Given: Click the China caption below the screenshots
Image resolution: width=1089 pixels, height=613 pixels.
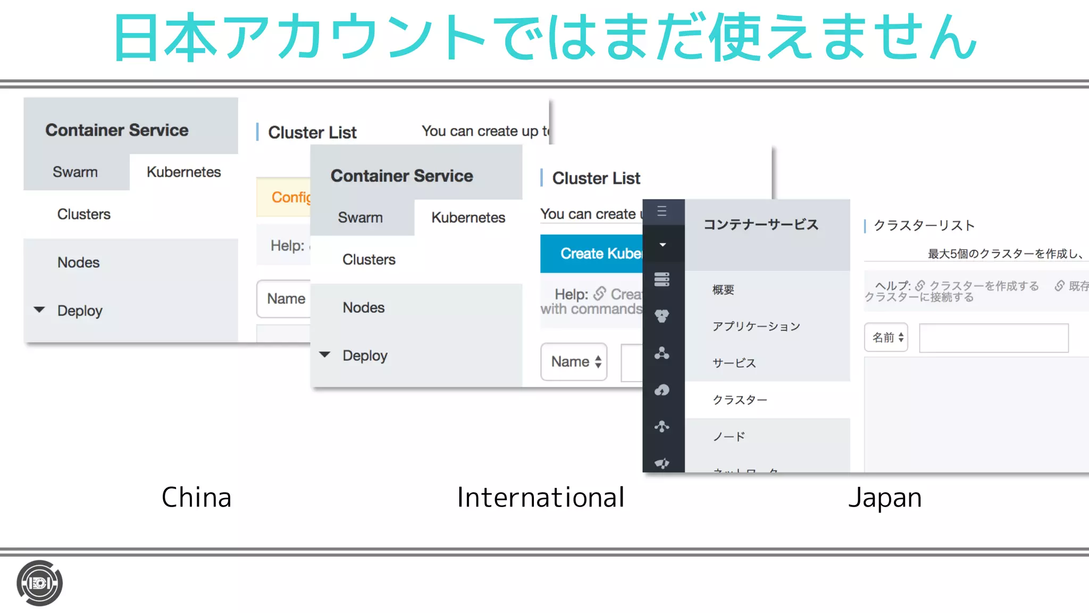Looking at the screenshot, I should point(196,498).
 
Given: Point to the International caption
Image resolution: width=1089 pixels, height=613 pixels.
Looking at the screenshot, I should point(540,498).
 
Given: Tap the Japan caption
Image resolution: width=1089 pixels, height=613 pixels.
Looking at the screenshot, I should point(885,498).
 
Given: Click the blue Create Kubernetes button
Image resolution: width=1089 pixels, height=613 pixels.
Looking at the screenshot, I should point(591,254).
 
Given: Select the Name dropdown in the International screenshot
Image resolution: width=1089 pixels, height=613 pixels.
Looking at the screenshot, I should point(574,362).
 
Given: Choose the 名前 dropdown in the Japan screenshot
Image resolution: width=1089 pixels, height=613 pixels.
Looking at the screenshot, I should point(886,337).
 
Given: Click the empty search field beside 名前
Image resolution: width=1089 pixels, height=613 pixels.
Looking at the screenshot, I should point(993,338).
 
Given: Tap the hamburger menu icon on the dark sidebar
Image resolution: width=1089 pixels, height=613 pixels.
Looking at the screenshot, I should point(662,211).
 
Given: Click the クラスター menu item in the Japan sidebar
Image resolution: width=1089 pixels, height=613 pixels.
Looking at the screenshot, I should point(740,400).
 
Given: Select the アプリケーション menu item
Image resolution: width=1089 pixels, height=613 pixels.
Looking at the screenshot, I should point(756,326).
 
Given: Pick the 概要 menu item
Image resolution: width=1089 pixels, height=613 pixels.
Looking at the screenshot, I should point(723,290).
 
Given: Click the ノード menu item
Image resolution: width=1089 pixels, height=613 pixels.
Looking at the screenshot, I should point(729,437).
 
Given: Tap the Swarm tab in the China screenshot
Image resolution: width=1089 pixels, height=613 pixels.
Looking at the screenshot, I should point(75,172).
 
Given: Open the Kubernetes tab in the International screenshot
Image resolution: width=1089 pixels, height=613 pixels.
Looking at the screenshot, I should point(468,218).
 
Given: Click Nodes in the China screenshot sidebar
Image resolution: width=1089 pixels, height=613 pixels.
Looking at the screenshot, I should point(78,262).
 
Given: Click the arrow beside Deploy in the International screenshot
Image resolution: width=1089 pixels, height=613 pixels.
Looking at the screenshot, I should point(325,354).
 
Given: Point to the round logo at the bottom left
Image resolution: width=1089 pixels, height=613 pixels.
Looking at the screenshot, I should point(39,583).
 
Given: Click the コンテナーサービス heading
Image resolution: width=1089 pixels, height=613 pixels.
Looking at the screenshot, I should point(761,225).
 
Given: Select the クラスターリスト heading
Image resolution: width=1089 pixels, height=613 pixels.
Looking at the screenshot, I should point(924,226).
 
